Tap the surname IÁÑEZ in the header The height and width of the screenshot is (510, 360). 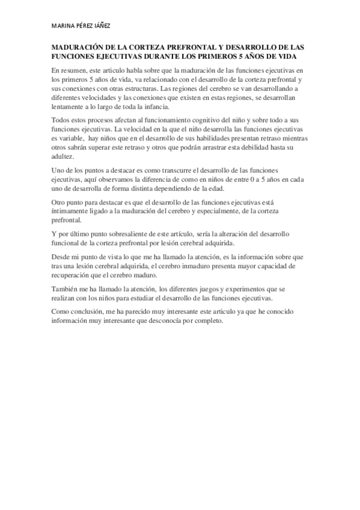point(101,26)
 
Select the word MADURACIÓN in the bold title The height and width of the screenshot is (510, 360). point(77,46)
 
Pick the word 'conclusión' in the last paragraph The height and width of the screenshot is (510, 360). point(90,312)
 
